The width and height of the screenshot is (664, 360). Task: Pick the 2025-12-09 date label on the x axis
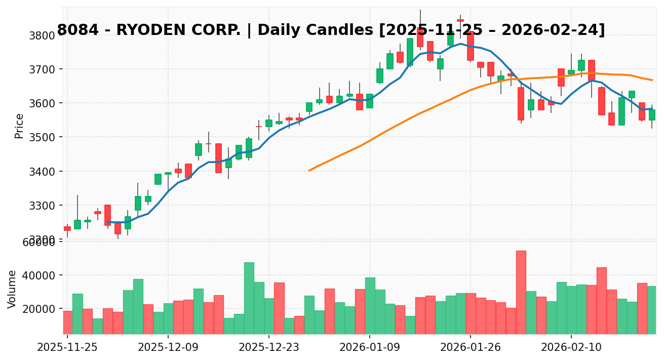[168, 347]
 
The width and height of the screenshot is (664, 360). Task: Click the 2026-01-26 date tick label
[470, 347]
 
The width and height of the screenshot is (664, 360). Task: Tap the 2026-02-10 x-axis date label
[571, 347]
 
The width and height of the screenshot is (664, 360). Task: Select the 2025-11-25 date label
[67, 347]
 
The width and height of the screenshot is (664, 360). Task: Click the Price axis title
[19, 126]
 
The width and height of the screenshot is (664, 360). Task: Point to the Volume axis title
[12, 289]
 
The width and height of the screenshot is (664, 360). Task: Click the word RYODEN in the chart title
[147, 30]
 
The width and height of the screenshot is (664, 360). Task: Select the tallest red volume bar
[521, 292]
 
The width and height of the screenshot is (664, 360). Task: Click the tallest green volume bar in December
[249, 298]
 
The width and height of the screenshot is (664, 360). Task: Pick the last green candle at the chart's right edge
[652, 115]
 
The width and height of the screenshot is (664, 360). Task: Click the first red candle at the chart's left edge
[67, 228]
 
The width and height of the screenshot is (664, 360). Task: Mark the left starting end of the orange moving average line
[309, 171]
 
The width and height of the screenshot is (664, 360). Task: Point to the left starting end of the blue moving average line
[108, 222]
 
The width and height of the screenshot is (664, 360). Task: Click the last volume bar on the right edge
[652, 310]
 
